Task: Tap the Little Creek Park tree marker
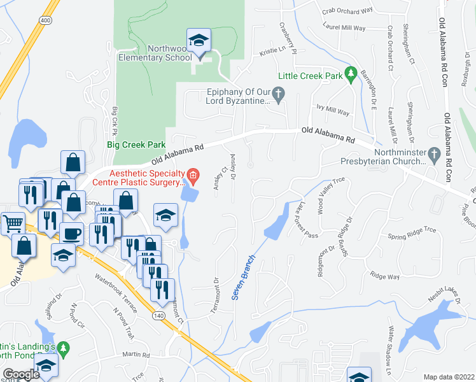point(349,75)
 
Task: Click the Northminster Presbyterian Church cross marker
point(433,153)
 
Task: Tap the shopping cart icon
point(13,223)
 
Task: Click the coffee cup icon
point(71,233)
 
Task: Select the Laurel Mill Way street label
point(345,28)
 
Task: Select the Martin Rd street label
point(136,355)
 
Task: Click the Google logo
point(21,374)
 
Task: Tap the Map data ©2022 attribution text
point(449,376)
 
